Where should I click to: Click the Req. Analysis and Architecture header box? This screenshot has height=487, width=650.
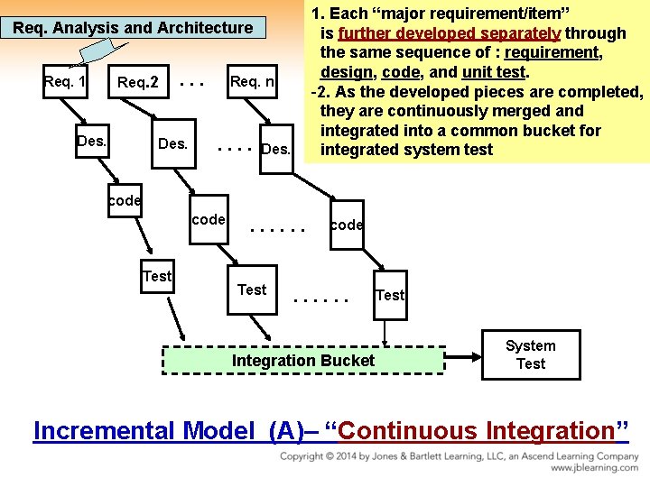[x=133, y=28]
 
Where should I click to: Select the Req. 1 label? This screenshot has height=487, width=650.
[x=65, y=82]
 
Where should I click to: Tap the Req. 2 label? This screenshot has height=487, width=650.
[x=138, y=83]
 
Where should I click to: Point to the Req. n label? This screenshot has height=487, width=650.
[x=253, y=82]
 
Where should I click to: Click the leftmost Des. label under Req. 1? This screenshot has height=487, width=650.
[x=92, y=142]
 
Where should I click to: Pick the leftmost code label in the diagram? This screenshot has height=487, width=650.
[x=124, y=200]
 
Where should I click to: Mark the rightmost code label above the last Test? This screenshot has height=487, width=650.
[x=347, y=225]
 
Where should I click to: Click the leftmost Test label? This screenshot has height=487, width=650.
[x=157, y=276]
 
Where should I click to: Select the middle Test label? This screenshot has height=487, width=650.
[x=252, y=289]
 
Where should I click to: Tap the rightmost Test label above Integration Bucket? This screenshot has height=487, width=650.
[x=390, y=295]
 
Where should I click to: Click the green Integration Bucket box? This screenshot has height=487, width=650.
[x=303, y=361]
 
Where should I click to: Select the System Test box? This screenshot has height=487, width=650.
[x=530, y=354]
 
